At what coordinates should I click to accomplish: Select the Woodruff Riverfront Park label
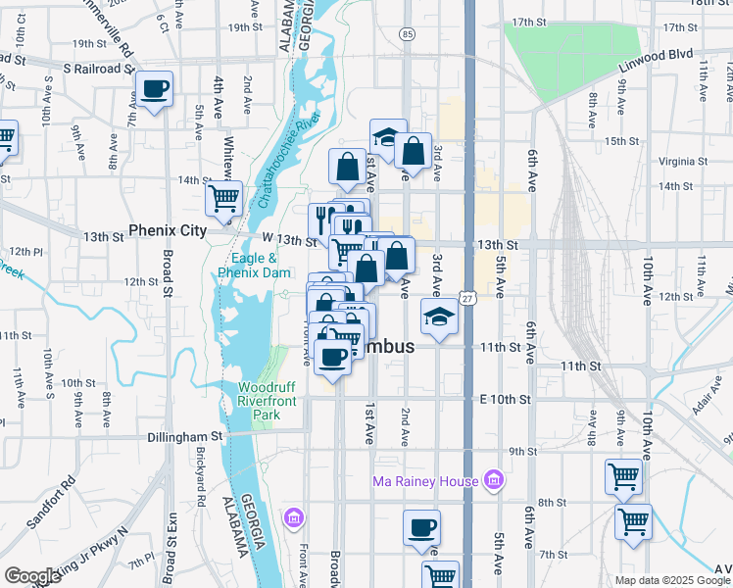(267, 401)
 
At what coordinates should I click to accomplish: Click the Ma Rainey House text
(425, 481)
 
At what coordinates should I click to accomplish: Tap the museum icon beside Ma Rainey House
(494, 481)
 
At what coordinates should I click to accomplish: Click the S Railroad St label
(97, 69)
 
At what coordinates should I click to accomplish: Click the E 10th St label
(505, 400)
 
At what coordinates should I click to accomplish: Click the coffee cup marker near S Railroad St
(155, 89)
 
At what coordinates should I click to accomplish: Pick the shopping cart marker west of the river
(223, 198)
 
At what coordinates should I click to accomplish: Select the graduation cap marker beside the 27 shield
(438, 317)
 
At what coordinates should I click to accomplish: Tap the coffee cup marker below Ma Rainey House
(421, 527)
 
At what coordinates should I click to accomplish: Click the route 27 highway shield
(468, 298)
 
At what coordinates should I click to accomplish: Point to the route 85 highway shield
(406, 34)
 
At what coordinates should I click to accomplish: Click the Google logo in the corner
(32, 576)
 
